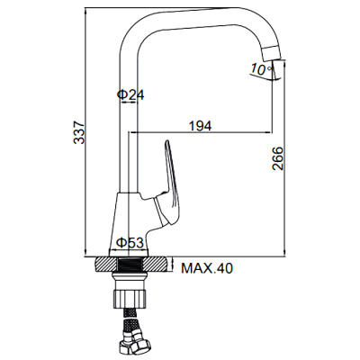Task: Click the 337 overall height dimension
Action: (79, 132)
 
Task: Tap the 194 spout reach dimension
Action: (200, 126)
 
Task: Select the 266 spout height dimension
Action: (277, 158)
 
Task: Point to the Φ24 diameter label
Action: (130, 94)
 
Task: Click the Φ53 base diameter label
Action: (130, 242)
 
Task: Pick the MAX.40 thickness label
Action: (207, 268)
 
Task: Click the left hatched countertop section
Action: (107, 265)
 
